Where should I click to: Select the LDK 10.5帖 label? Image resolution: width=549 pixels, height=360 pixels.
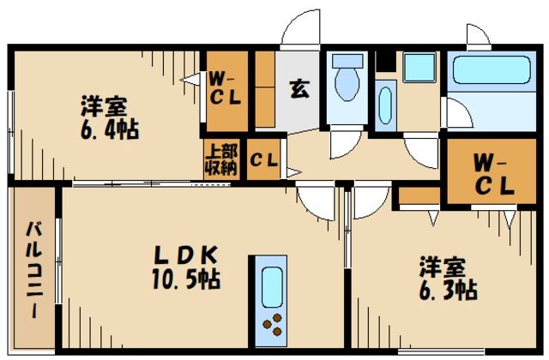click(185, 267)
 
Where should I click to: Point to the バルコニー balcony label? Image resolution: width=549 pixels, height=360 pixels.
click(33, 269)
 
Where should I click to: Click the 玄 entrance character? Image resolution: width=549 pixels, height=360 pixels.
click(299, 87)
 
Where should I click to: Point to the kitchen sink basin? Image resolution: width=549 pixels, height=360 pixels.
click(272, 284)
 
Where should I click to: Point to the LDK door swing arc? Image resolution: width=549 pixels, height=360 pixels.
click(318, 201)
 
